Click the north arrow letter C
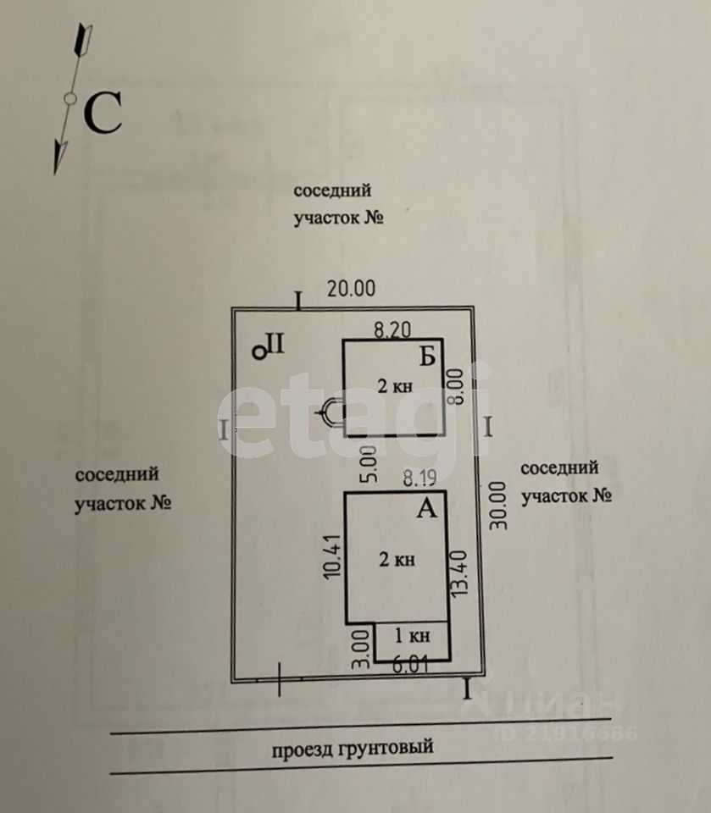(103, 113)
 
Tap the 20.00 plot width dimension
(351, 289)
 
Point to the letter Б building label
(427, 357)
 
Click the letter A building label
(427, 508)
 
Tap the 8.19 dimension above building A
(419, 478)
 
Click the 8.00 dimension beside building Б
(457, 386)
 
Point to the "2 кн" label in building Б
(395, 386)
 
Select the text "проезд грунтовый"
(353, 748)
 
